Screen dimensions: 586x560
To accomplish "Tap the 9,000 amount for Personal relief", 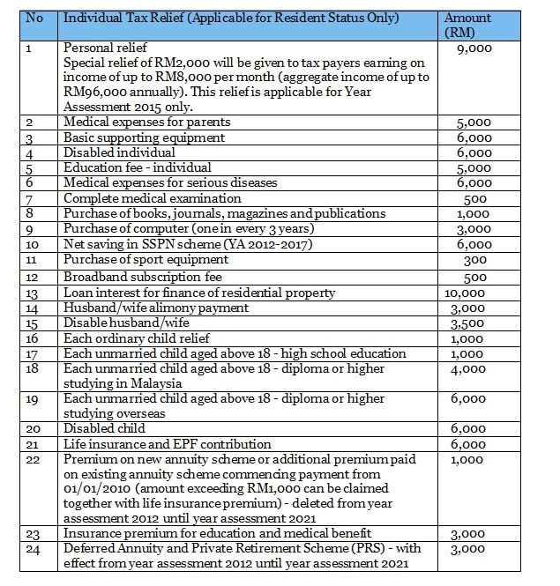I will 474,48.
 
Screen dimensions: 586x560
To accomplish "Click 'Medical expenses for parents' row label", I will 147,122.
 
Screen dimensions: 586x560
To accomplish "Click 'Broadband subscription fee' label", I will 142,277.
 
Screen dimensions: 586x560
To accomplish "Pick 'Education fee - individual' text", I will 138,167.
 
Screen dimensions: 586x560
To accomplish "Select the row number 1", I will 30,48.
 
